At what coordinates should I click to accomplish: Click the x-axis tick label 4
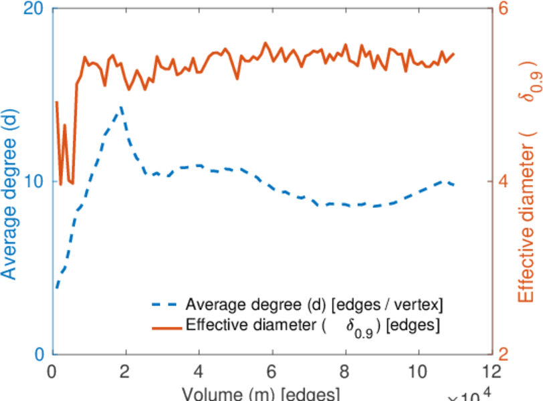pyautogui.click(x=199, y=371)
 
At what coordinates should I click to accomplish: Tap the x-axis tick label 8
pyautogui.click(x=345, y=371)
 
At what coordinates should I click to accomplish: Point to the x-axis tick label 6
pyautogui.click(x=271, y=371)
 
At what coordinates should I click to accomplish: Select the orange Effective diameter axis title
pyautogui.click(x=528, y=194)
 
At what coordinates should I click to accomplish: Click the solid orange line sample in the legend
pyautogui.click(x=167, y=327)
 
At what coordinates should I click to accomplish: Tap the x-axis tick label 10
pyautogui.click(x=418, y=371)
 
